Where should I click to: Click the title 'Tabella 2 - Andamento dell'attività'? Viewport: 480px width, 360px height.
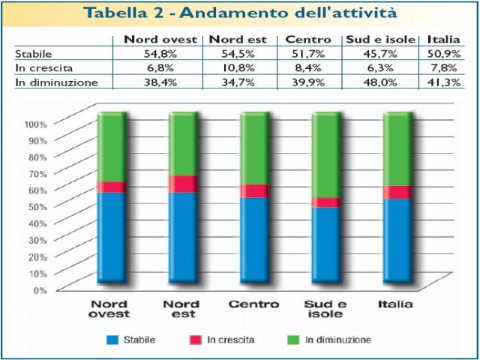click(x=241, y=13)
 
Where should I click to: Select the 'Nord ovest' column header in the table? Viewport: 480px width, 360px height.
click(x=160, y=39)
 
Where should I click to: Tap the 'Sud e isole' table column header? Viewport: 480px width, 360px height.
click(x=380, y=39)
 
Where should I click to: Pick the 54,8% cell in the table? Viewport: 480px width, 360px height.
click(x=160, y=53)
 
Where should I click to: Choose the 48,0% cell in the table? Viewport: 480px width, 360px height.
click(x=380, y=82)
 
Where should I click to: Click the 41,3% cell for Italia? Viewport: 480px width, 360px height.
click(x=444, y=82)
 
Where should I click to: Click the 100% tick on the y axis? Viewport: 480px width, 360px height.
click(x=36, y=124)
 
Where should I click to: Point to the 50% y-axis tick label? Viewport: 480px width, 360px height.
click(x=37, y=206)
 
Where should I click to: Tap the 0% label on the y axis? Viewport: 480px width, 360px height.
click(x=40, y=289)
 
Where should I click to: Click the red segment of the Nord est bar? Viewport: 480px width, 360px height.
click(x=182, y=184)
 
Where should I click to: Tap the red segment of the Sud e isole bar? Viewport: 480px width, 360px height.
click(x=326, y=202)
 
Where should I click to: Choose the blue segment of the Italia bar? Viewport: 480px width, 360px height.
click(x=397, y=240)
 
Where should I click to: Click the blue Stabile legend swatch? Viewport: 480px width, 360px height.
click(x=113, y=340)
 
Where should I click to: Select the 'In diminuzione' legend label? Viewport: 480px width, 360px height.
click(x=337, y=340)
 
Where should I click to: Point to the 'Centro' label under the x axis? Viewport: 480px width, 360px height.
click(x=253, y=304)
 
